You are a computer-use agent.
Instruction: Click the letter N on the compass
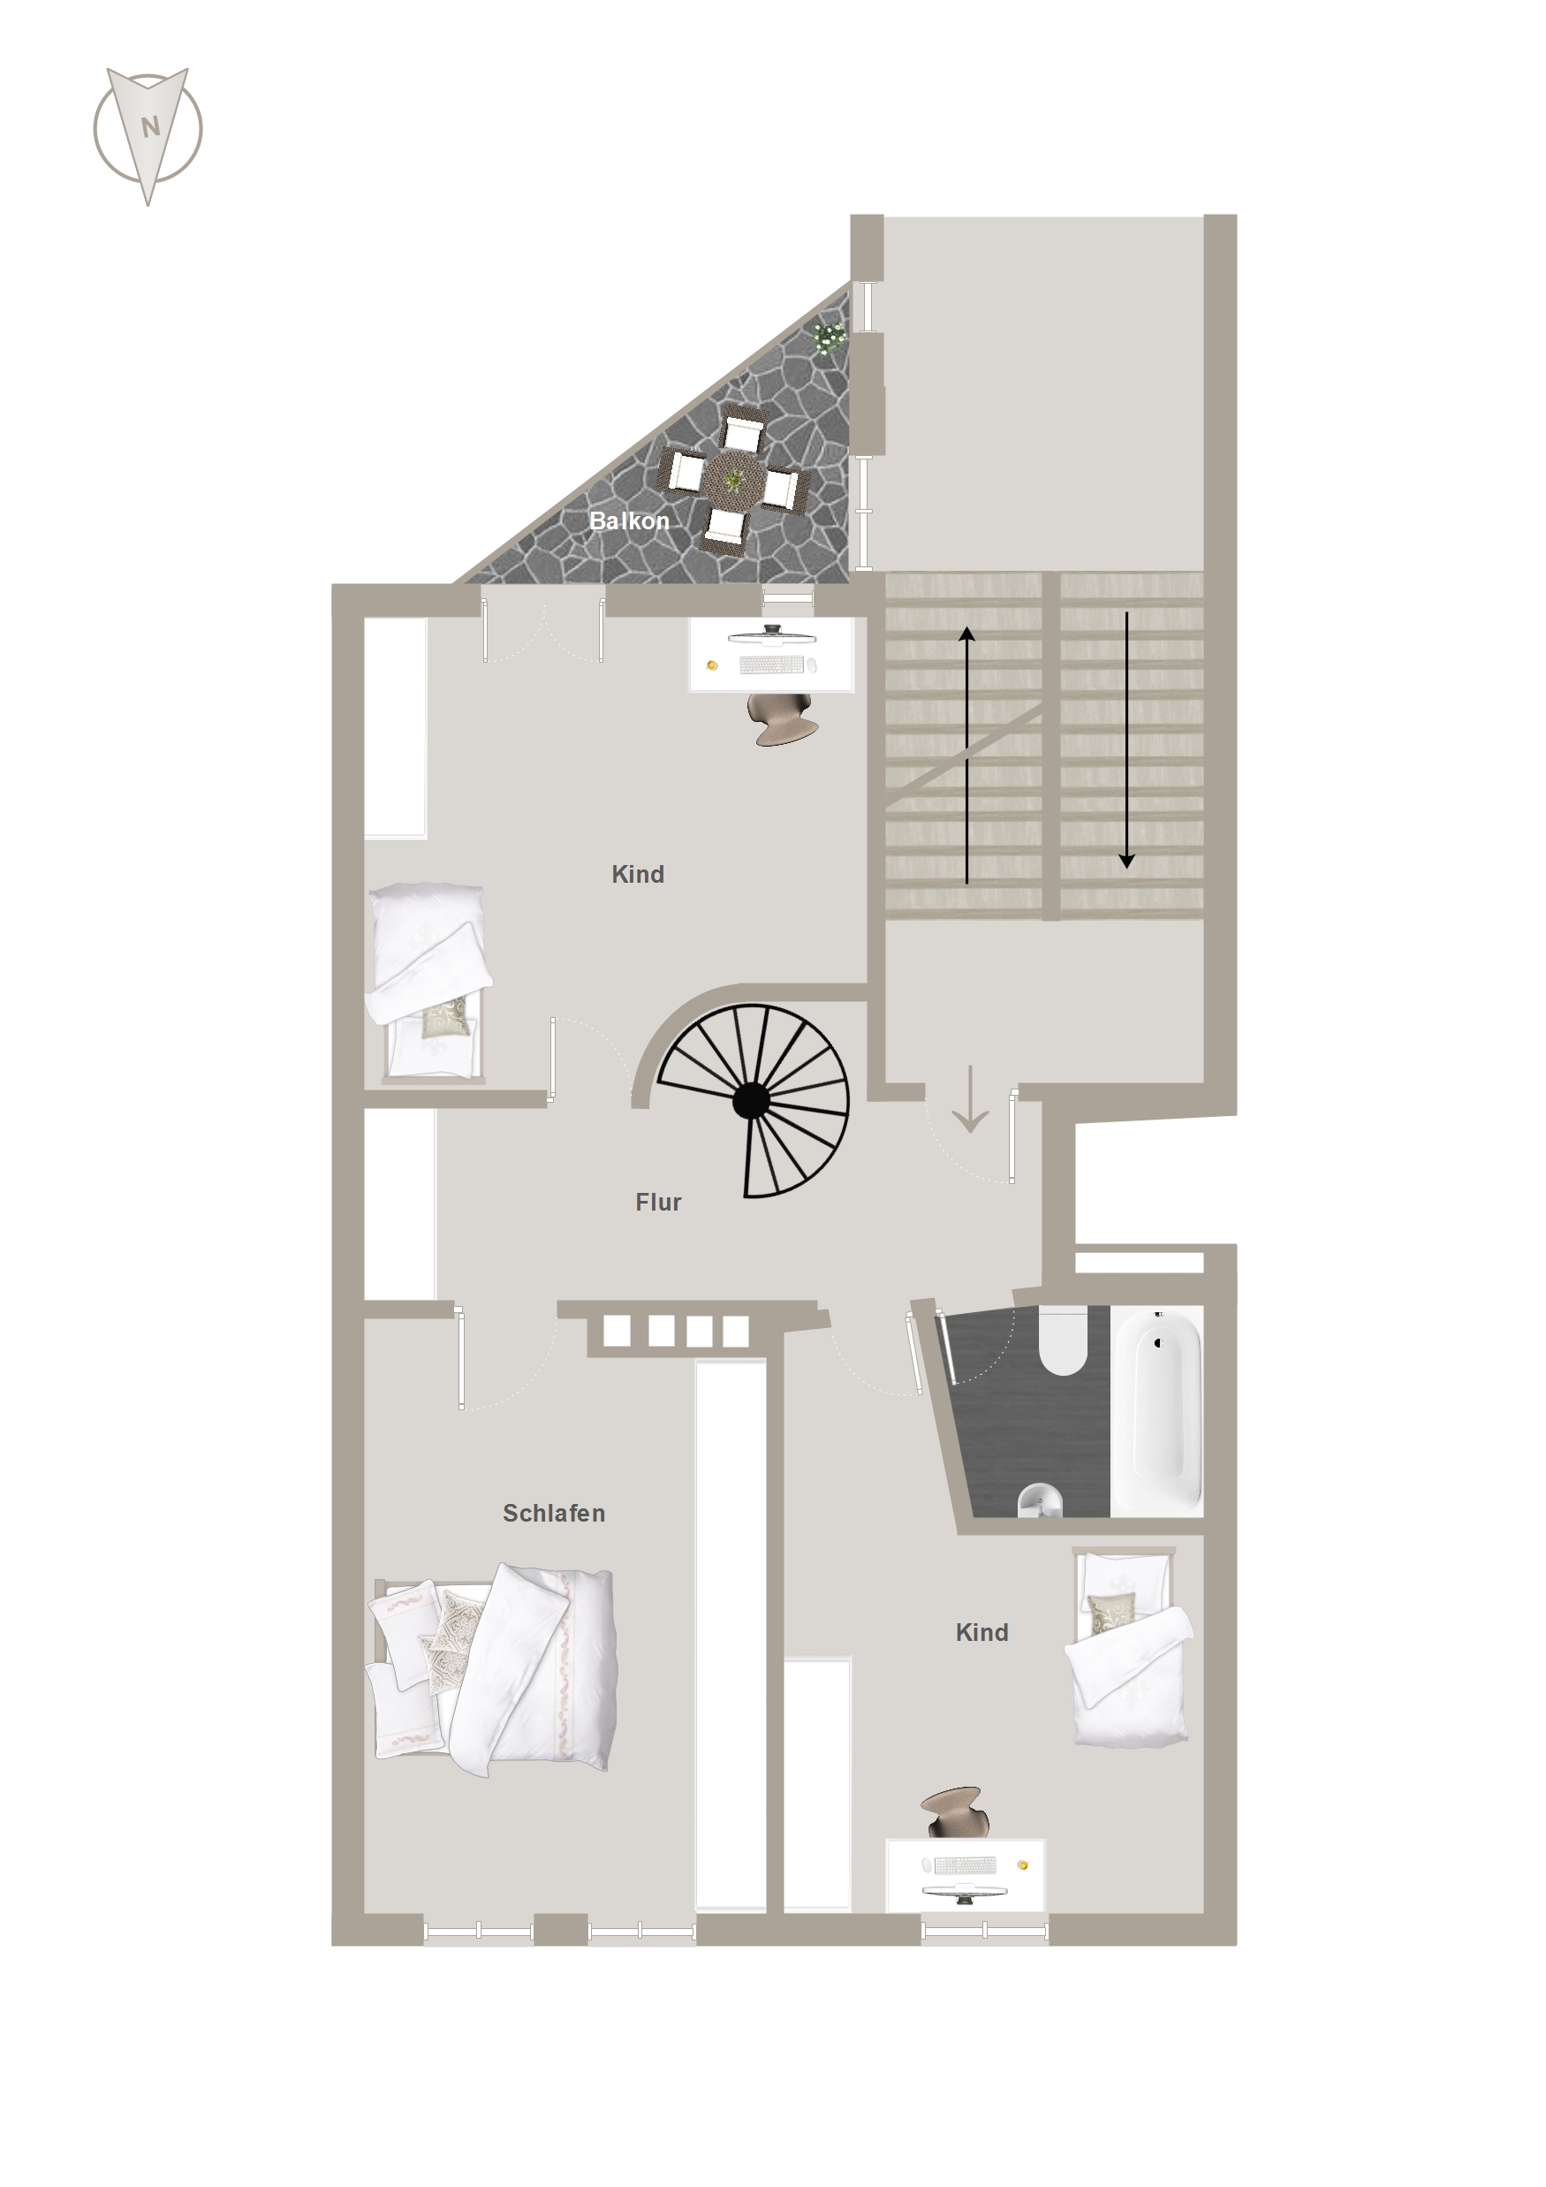(x=149, y=126)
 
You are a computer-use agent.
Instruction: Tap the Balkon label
(x=629, y=521)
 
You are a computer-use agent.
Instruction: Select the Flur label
(x=658, y=1202)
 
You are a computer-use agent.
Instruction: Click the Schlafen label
(x=553, y=1513)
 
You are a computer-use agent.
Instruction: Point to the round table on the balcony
(x=733, y=479)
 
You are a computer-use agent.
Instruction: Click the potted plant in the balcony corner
(x=829, y=338)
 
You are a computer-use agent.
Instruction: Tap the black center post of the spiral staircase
(x=751, y=1100)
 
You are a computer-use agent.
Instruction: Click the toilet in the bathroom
(x=1063, y=1341)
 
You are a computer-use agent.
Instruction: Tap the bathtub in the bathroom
(x=1157, y=1410)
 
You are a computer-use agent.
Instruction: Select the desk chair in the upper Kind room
(x=783, y=718)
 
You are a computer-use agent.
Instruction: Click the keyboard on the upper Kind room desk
(x=770, y=664)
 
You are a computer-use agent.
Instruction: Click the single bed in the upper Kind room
(x=428, y=982)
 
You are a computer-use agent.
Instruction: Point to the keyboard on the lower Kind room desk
(x=965, y=1864)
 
